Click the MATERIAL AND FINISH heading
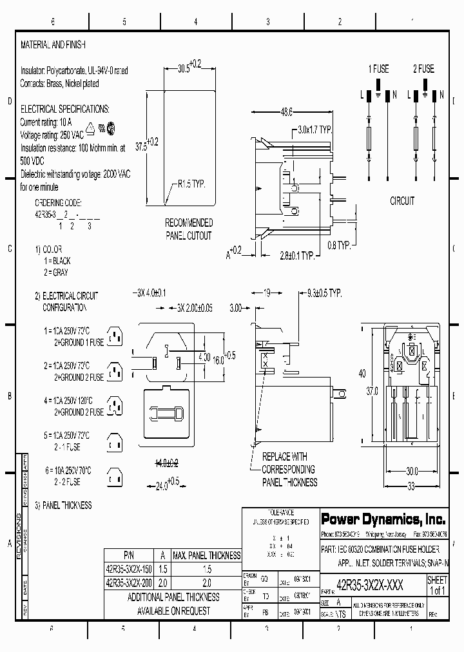click(53, 45)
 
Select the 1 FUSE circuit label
click(378, 69)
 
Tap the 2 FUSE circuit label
click(423, 69)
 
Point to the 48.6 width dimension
click(286, 112)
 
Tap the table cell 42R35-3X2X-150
click(129, 570)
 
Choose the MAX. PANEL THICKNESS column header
click(207, 555)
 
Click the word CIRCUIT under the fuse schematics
click(403, 201)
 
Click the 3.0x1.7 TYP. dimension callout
click(314, 129)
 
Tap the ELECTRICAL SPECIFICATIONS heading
click(65, 109)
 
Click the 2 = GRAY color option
click(58, 273)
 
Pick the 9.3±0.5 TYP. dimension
click(320, 293)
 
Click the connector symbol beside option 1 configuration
click(115, 336)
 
